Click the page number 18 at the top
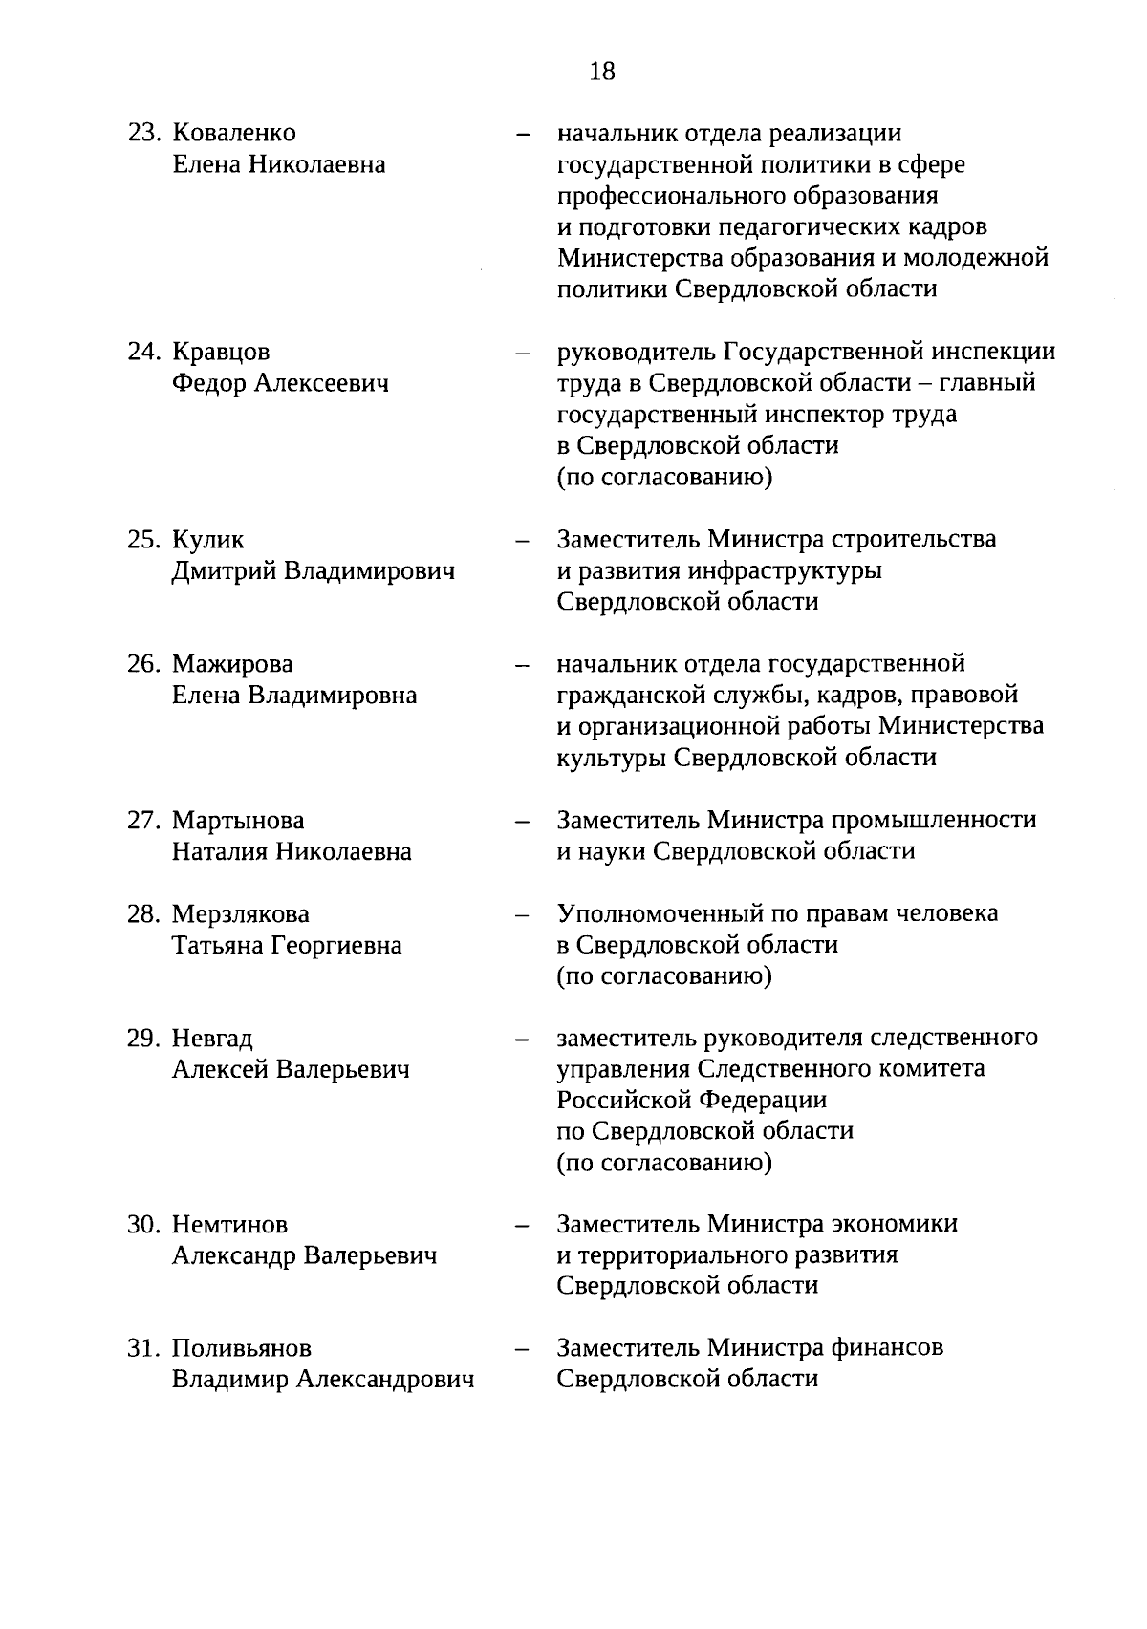click(603, 71)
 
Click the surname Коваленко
click(234, 133)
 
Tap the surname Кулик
click(207, 540)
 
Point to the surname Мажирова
click(232, 663)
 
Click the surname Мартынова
click(238, 821)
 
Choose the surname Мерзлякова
click(241, 914)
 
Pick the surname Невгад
click(212, 1038)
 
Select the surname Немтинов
click(229, 1224)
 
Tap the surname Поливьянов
click(242, 1348)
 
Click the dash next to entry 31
click(522, 1350)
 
